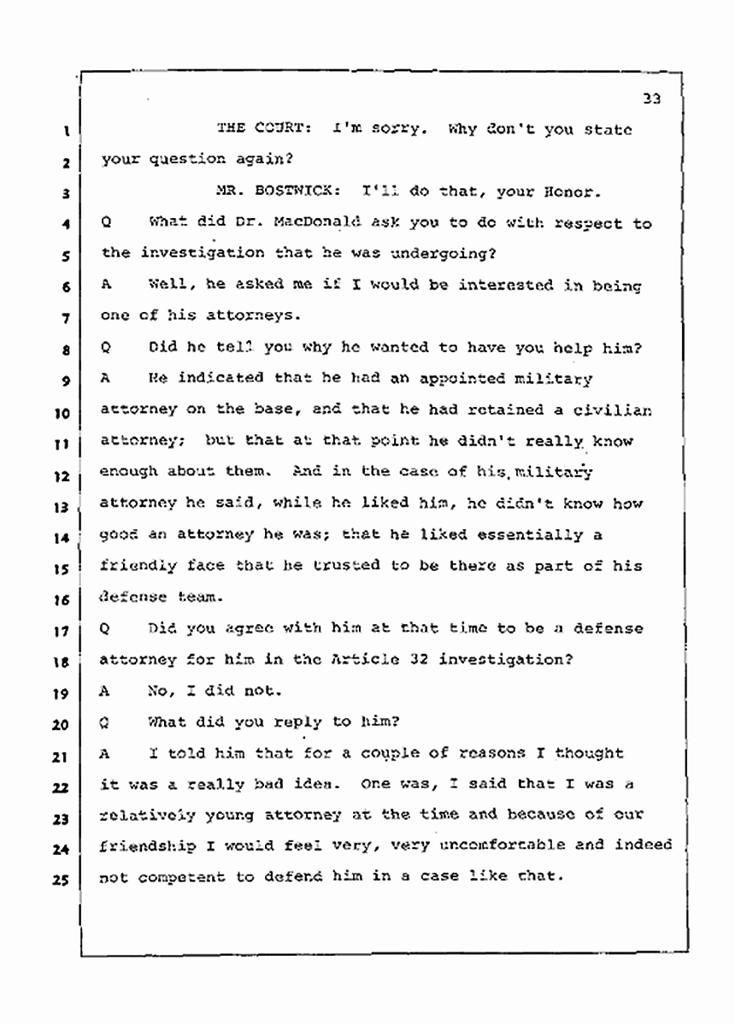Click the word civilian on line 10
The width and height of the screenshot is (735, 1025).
pos(616,409)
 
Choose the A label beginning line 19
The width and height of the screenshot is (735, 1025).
pos(105,691)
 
